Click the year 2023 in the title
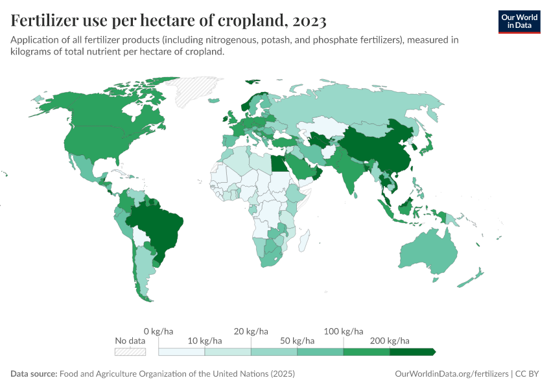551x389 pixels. (309, 21)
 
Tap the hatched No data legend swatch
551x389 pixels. (130, 351)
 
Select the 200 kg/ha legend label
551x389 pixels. (389, 340)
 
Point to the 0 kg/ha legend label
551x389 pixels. (158, 331)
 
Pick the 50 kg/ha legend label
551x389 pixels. (297, 340)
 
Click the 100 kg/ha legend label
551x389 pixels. (343, 331)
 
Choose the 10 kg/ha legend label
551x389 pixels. (204, 340)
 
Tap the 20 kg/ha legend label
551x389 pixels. (251, 331)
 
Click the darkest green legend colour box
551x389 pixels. (412, 351)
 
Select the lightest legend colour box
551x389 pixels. (182, 351)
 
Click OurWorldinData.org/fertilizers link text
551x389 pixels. (451, 374)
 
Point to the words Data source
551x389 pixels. (34, 374)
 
